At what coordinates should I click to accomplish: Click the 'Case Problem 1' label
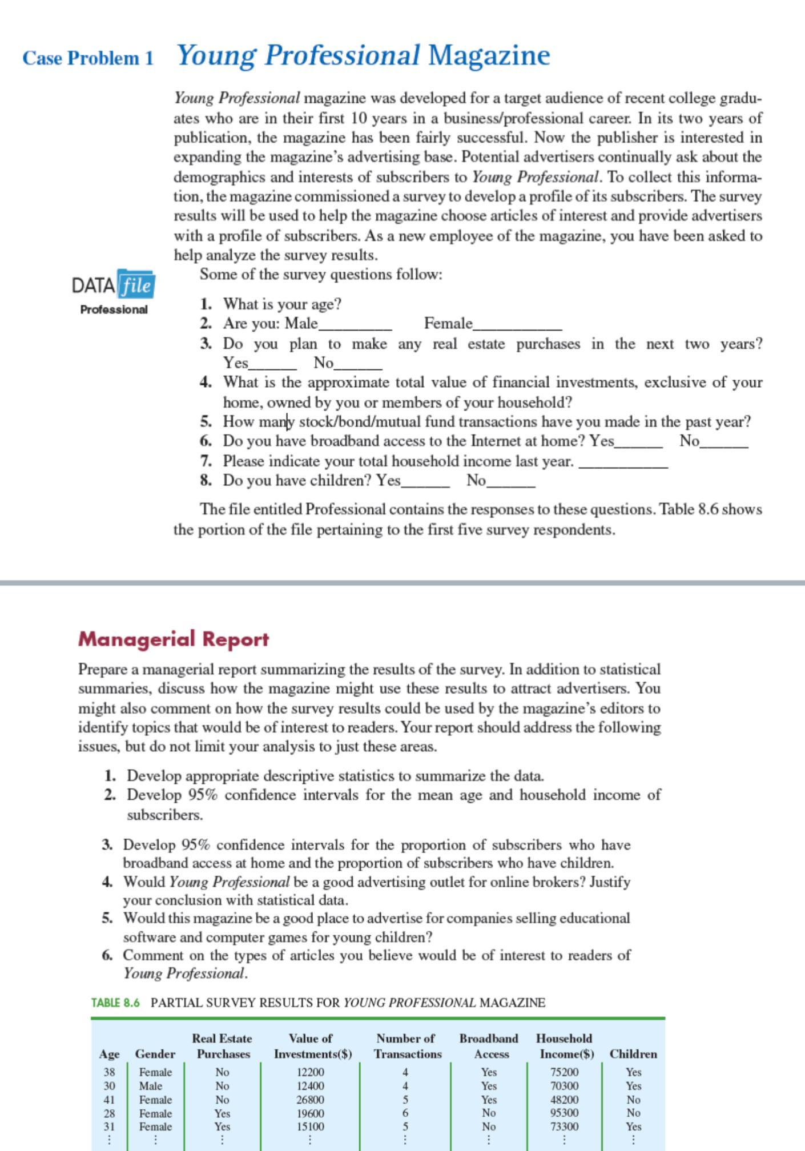pyautogui.click(x=88, y=58)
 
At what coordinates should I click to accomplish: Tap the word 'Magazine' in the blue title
pyautogui.click(x=489, y=55)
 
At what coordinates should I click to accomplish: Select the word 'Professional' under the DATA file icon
pyautogui.click(x=114, y=309)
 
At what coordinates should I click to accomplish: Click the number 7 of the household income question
pyautogui.click(x=206, y=461)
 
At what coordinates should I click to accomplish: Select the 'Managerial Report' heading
pyautogui.click(x=173, y=639)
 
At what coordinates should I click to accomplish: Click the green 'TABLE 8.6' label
pyautogui.click(x=115, y=1003)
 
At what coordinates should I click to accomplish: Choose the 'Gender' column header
pyautogui.click(x=155, y=1054)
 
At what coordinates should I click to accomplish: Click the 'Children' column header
pyautogui.click(x=633, y=1054)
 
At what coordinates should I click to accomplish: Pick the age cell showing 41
pyautogui.click(x=109, y=1100)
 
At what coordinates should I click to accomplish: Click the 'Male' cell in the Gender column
pyautogui.click(x=151, y=1086)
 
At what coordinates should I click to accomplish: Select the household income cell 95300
pyautogui.click(x=564, y=1113)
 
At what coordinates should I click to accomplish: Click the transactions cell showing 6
pyautogui.click(x=405, y=1113)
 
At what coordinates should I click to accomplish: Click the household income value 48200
pyautogui.click(x=564, y=1100)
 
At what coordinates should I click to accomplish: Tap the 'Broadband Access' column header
pyautogui.click(x=489, y=1046)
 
